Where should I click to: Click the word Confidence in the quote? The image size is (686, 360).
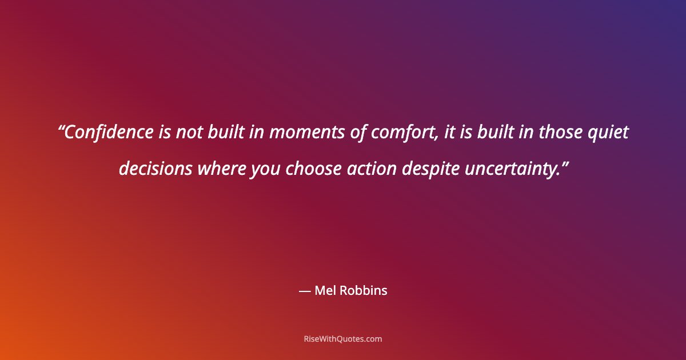pos(109,133)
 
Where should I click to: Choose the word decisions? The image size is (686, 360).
pos(155,169)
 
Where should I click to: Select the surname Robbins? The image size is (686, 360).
pos(364,291)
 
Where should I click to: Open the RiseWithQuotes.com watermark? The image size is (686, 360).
pos(342,339)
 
